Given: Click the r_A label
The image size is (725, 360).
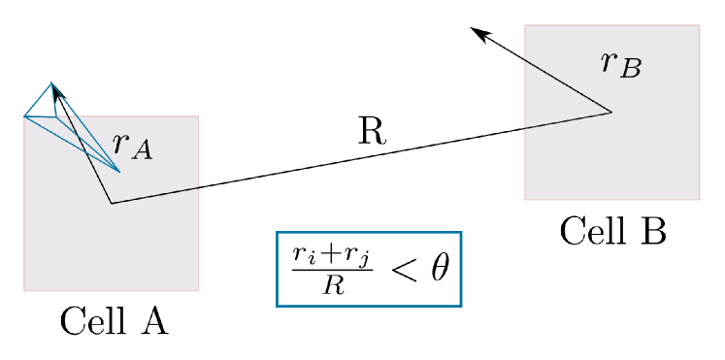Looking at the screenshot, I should point(132,146).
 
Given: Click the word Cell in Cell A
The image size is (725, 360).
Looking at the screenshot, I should point(89,320).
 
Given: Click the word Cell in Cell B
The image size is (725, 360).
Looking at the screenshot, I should point(589,231).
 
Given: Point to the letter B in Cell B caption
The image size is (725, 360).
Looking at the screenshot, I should point(652,231).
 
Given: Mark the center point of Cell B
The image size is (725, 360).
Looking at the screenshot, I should point(611,113).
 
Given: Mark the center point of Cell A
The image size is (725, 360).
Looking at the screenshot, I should point(112,203).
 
